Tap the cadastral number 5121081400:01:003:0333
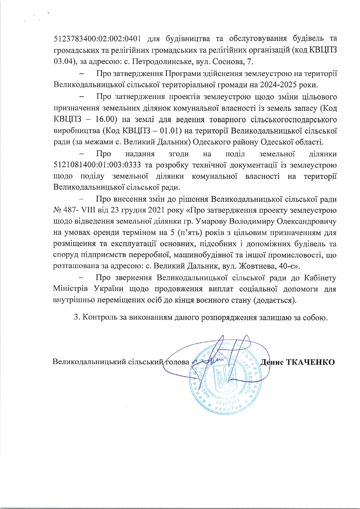point(97,165)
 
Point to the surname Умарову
point(211,221)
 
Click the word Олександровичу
point(307,221)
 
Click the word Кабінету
point(320,278)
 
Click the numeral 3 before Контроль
point(76,317)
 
